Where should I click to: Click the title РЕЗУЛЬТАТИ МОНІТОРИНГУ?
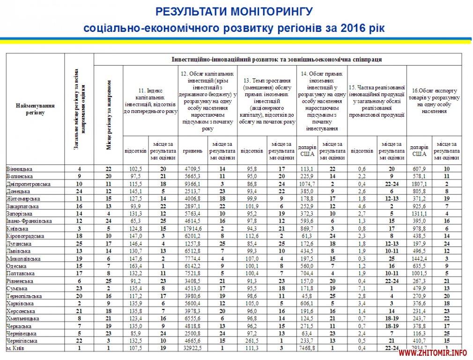[234, 11]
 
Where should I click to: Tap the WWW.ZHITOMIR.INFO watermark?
[433, 352]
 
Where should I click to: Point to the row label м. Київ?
[17, 348]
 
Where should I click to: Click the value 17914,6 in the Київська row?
[192, 229]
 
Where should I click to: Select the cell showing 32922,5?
[192, 348]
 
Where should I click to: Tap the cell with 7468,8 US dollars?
[307, 348]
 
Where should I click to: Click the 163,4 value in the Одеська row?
[136, 266]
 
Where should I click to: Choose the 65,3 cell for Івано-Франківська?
[136, 221]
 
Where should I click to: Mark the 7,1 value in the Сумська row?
[362, 288]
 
